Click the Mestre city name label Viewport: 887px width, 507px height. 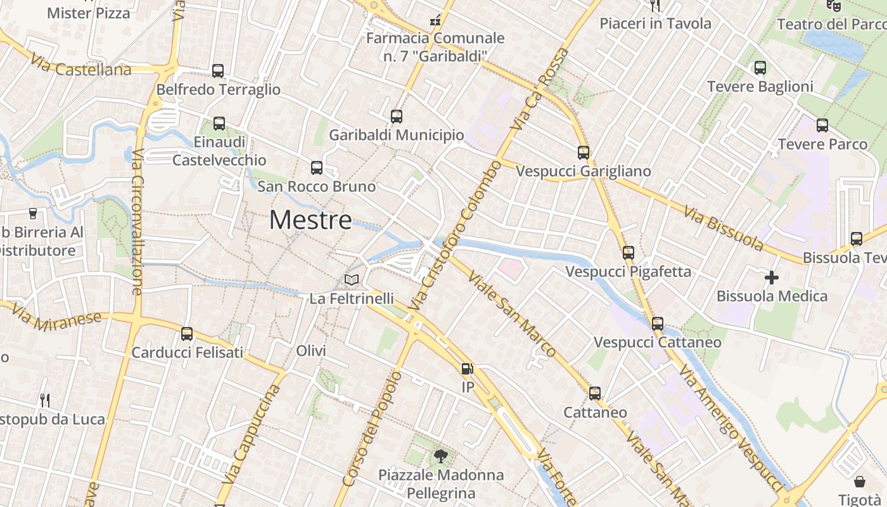310,220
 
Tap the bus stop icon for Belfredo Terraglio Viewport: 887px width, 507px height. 218,71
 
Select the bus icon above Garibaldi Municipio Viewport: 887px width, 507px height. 397,117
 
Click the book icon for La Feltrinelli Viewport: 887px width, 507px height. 352,279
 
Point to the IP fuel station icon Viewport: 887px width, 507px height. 468,369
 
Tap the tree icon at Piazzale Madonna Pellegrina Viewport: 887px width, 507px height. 440,456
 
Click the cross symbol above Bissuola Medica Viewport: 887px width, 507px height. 772,278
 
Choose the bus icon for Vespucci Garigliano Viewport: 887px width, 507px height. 584,153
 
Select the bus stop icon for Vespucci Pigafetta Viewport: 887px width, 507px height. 629,253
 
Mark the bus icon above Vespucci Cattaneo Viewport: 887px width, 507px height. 658,324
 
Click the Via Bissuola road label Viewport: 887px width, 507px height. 723,228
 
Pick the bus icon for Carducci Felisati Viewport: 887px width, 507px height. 187,334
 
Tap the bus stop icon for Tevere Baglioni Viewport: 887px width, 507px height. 760,68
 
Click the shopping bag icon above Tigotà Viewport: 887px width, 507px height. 860,482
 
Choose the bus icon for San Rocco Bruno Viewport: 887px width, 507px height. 317,168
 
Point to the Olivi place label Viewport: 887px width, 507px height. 311,351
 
